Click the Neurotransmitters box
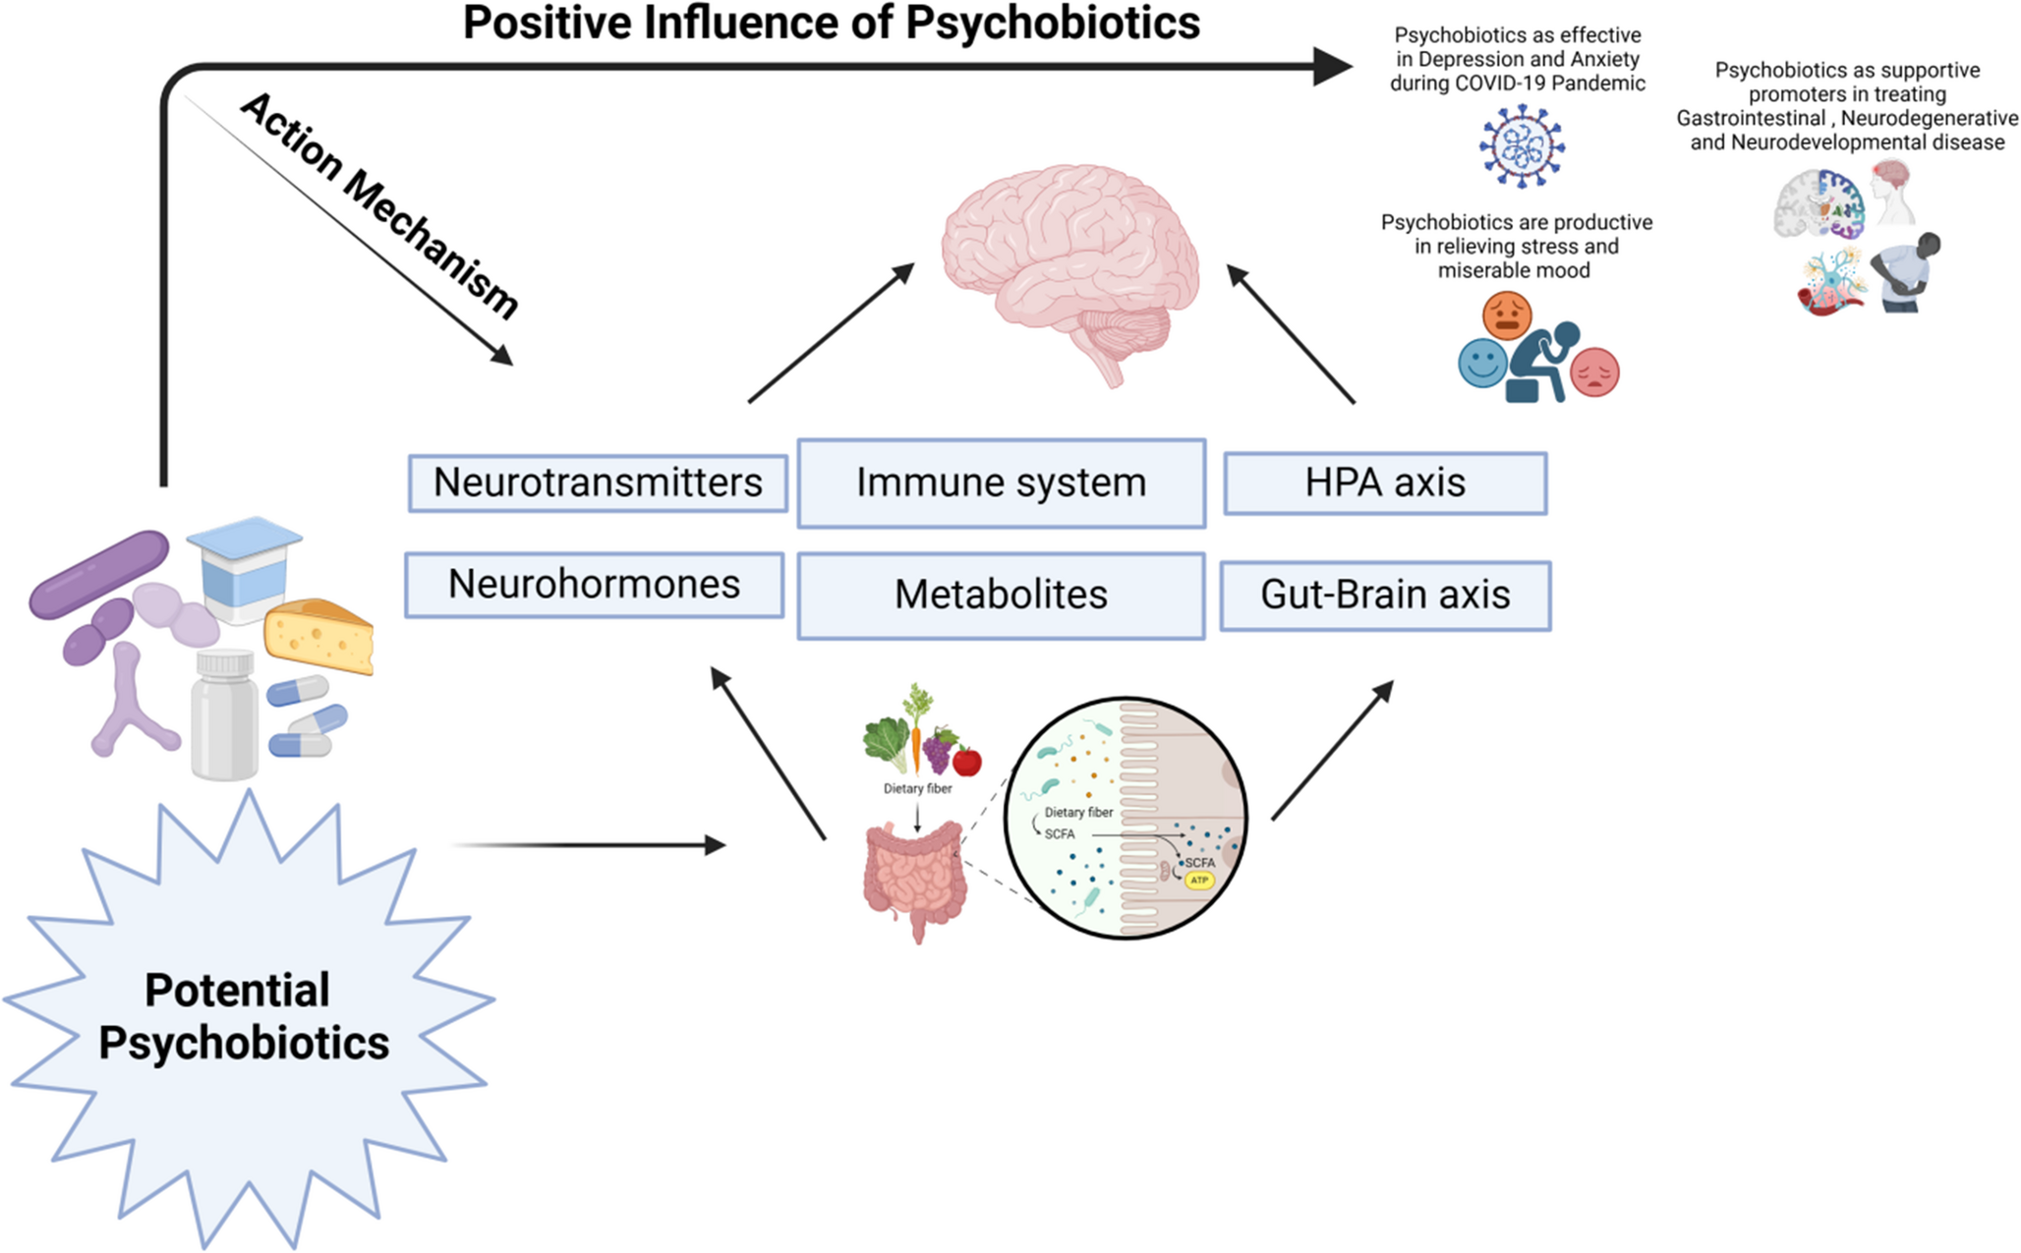tap(598, 483)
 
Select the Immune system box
tap(1001, 483)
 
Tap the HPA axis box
tap(1385, 483)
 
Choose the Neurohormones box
tap(594, 585)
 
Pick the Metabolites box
tap(1001, 595)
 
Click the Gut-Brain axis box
tap(1385, 595)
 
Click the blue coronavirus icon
tap(1522, 146)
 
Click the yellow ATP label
tap(1199, 881)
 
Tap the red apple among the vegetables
tap(967, 761)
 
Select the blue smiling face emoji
tap(1482, 363)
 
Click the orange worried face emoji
tap(1506, 315)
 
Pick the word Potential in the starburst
tap(237, 991)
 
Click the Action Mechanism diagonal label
tap(379, 205)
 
